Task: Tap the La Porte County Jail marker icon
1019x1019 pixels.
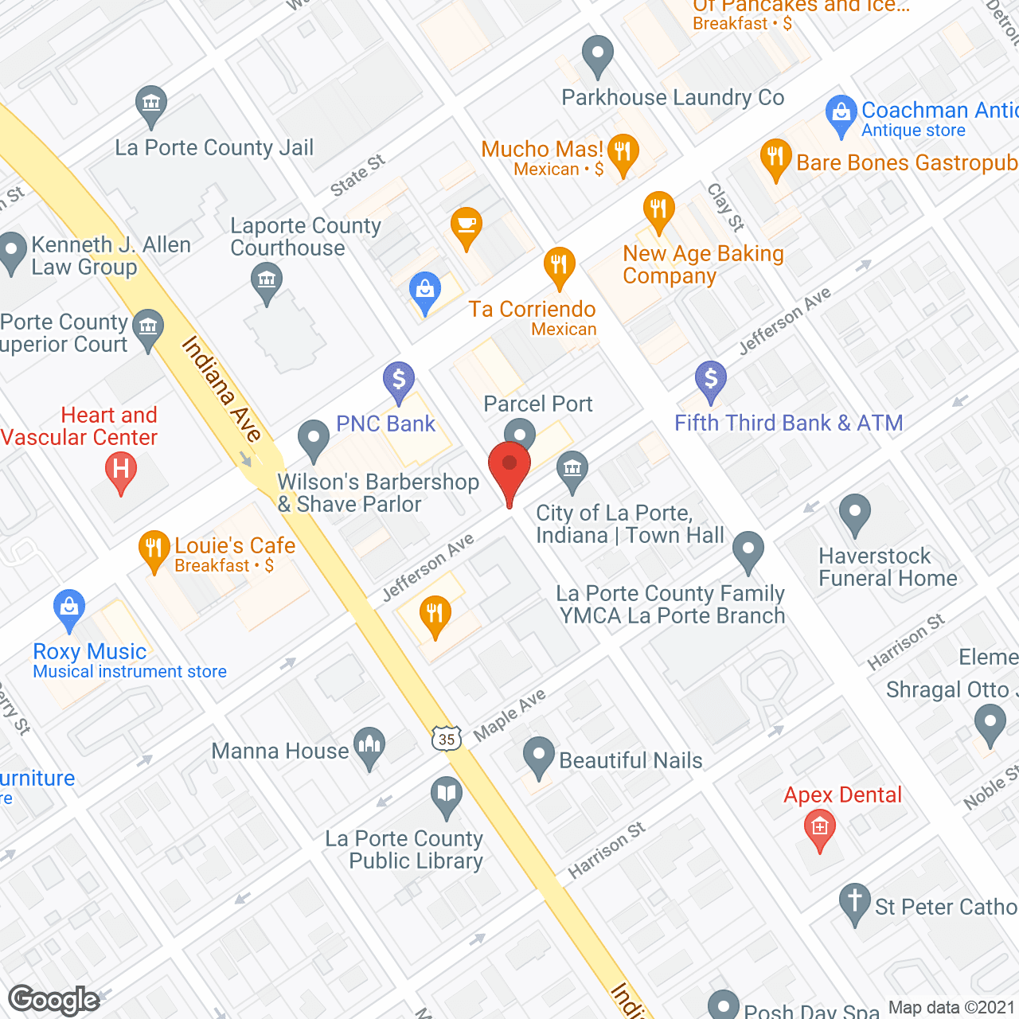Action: click(150, 104)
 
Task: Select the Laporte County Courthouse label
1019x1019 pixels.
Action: click(306, 237)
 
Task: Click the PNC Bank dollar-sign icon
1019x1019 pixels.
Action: click(399, 380)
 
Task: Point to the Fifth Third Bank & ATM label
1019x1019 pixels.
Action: click(788, 423)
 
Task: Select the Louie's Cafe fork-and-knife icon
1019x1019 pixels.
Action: click(154, 549)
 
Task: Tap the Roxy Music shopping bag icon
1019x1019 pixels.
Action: click(69, 609)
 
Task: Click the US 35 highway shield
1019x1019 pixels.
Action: click(447, 739)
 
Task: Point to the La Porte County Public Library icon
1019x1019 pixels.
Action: click(447, 795)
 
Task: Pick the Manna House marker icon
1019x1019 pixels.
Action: click(369, 747)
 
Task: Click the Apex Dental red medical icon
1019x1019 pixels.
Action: click(820, 828)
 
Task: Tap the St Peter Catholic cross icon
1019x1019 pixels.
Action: click(855, 902)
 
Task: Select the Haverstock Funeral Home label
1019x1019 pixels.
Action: click(888, 567)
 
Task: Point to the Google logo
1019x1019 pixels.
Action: click(54, 1000)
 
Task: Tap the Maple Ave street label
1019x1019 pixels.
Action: click(509, 714)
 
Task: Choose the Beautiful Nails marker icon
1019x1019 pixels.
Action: click(539, 756)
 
